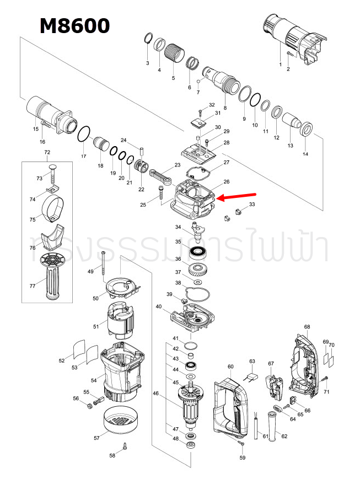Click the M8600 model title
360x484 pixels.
74,25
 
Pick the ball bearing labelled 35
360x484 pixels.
198,254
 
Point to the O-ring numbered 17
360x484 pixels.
83,134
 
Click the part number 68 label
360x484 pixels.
307,327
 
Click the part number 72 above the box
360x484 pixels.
47,152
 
